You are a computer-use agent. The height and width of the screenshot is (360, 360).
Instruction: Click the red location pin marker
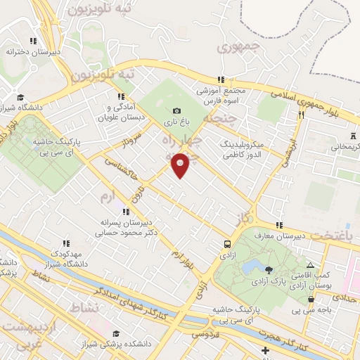pos(181,165)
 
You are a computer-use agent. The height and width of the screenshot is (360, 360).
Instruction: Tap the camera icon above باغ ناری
pos(176,110)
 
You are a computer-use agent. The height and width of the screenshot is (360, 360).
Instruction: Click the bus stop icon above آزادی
pos(227,244)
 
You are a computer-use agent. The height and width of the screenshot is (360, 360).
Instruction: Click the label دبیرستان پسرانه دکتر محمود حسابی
pos(127,226)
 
